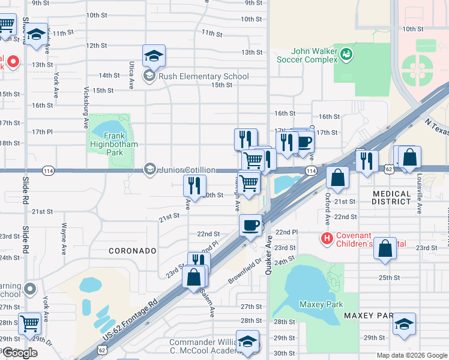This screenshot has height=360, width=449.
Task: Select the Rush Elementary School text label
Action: (203, 76)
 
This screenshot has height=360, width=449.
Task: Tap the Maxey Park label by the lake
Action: (321, 304)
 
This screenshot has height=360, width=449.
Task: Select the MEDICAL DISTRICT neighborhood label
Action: (392, 198)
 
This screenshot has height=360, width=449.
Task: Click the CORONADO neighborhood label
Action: (133, 250)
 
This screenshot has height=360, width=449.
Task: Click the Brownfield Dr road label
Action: (246, 271)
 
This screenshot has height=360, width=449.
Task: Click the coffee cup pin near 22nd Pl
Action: (250, 225)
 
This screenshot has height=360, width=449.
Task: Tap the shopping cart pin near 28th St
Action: (29, 323)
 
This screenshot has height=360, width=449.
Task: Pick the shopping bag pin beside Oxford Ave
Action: (338, 177)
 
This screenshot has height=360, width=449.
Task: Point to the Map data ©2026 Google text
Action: (411, 355)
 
